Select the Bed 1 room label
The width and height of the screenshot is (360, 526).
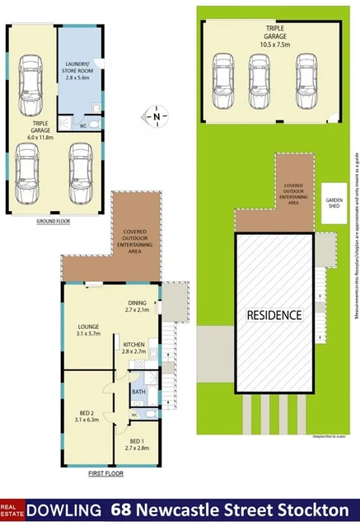point(136,440)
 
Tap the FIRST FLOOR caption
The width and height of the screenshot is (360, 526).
point(105,476)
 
